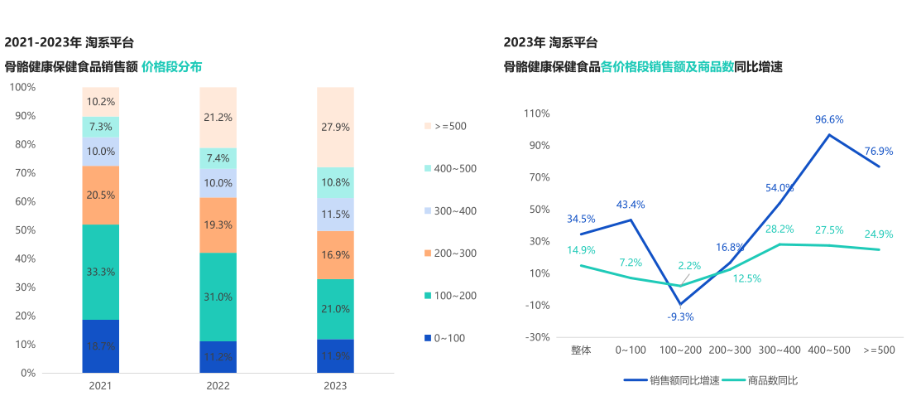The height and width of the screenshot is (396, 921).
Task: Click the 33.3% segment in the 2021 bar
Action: click(100, 272)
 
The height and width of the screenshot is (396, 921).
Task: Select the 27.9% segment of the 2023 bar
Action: click(335, 127)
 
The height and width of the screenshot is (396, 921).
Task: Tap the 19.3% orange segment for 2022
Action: click(218, 225)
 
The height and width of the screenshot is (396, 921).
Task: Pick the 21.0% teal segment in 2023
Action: click(335, 309)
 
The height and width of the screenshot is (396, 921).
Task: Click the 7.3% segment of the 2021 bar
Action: click(100, 127)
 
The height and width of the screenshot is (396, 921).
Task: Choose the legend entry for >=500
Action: click(446, 126)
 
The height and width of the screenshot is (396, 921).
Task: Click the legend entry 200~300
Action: click(450, 253)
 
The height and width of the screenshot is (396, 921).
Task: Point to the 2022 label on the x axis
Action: click(218, 385)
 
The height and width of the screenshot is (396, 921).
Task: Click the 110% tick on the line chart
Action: click(537, 113)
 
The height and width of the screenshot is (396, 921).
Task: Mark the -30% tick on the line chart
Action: click(537, 337)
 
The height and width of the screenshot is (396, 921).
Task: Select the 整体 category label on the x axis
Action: click(581, 350)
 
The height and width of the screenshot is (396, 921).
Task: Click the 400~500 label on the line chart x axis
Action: click(829, 350)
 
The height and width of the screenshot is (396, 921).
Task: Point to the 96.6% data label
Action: click(829, 119)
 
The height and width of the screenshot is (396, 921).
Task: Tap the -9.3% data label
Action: click(680, 316)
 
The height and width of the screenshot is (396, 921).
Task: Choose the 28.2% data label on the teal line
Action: click(779, 229)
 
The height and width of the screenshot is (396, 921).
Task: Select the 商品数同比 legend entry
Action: click(760, 380)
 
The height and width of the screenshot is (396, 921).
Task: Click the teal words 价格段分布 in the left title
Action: click(171, 66)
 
